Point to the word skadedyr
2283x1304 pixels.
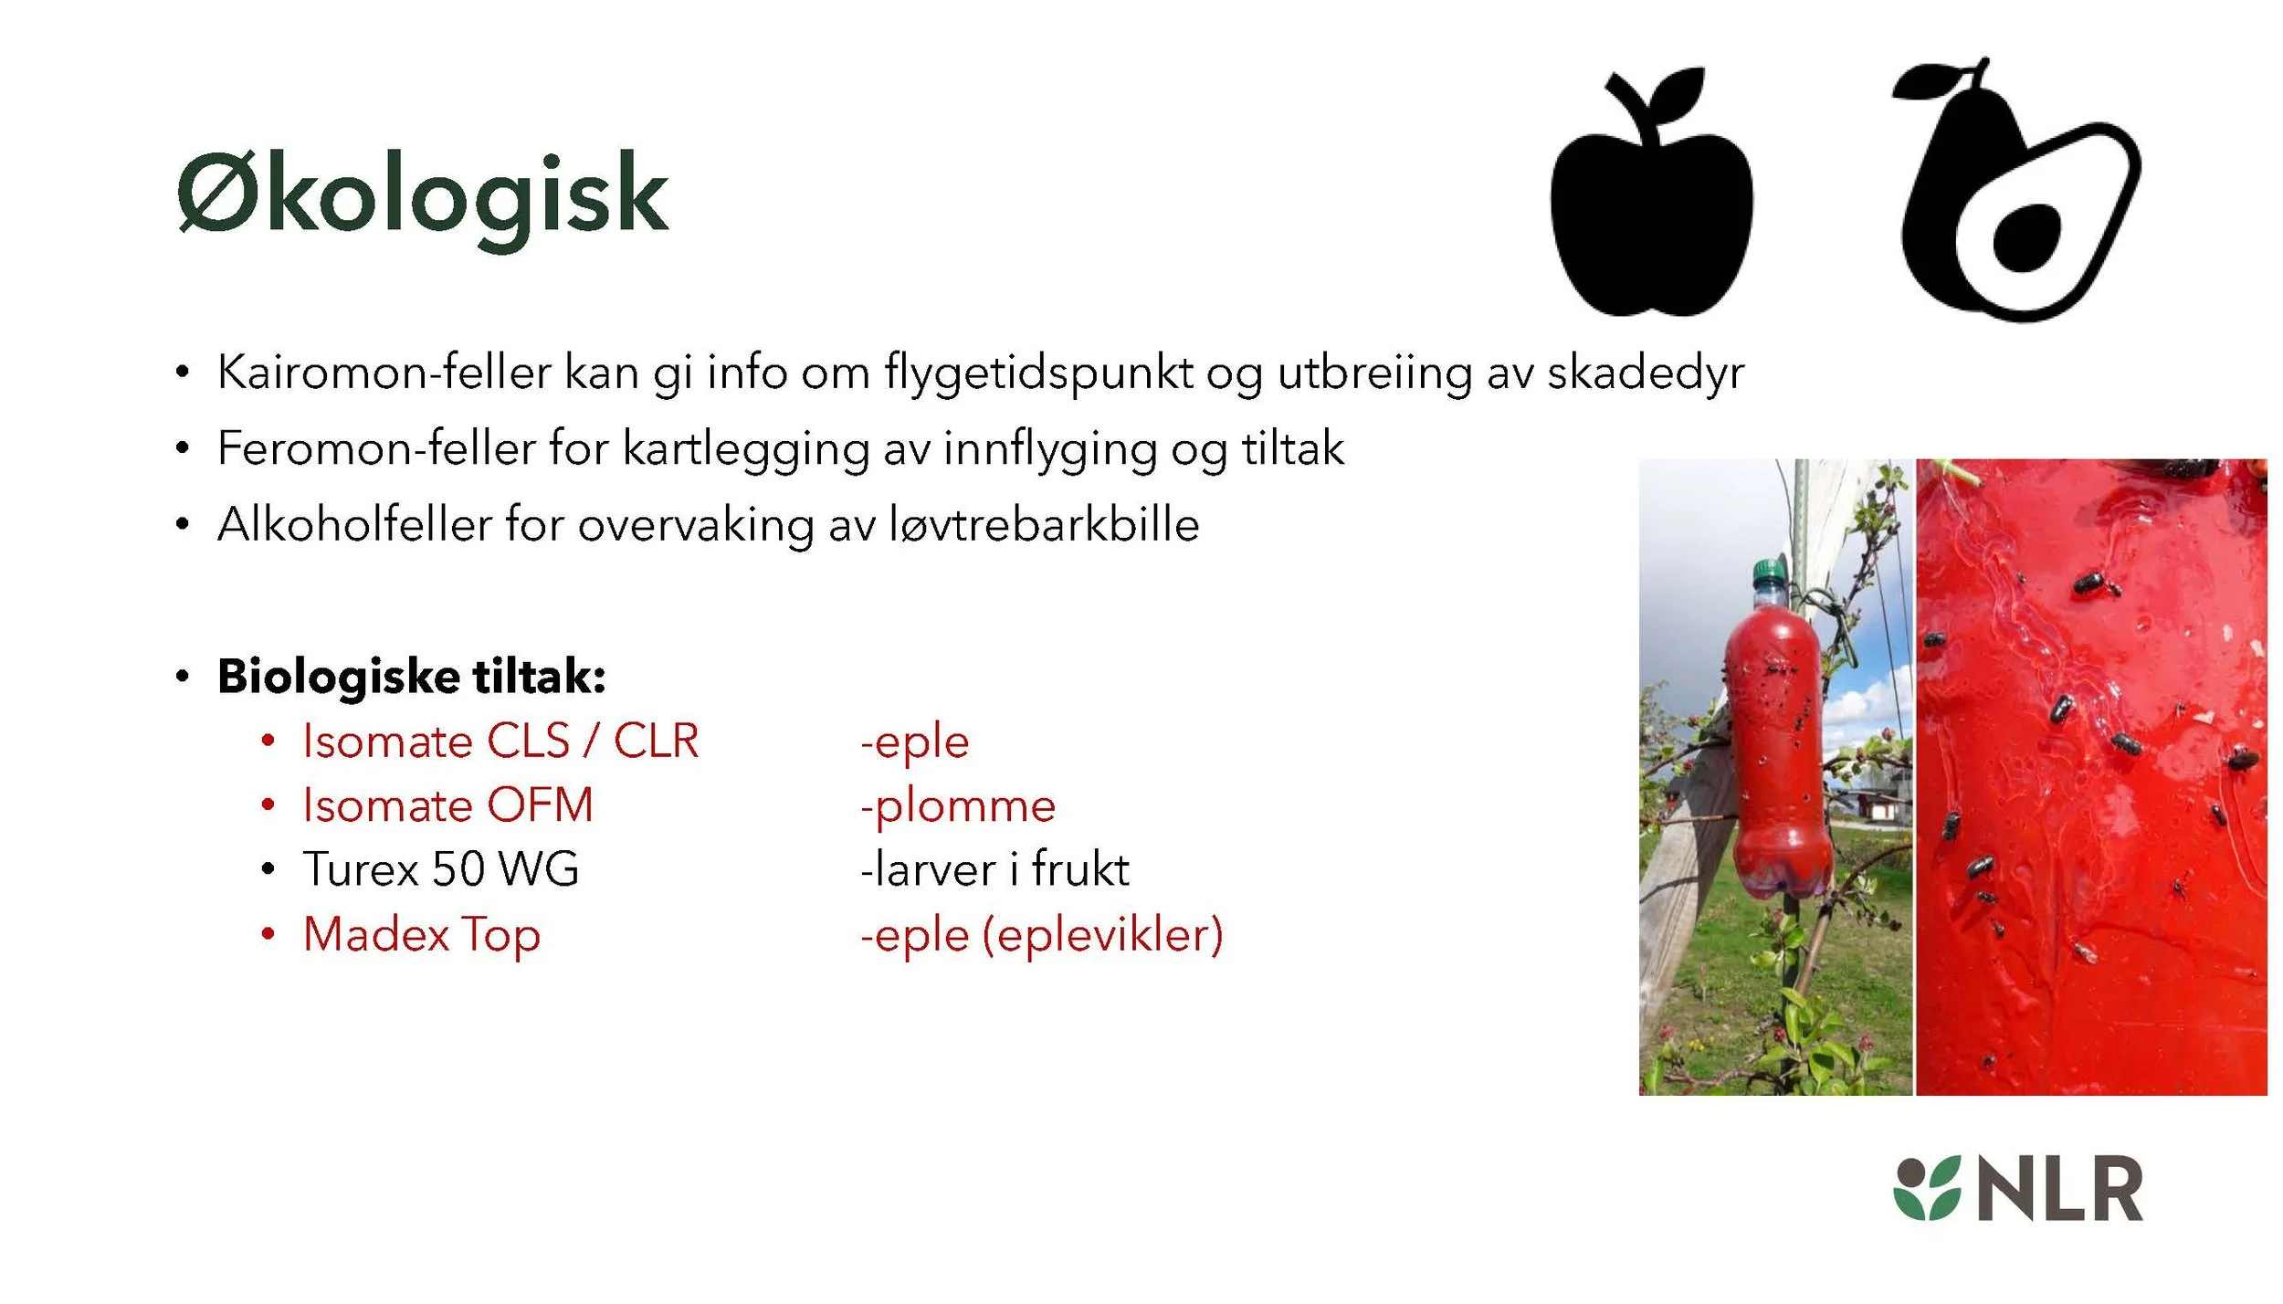click(1645, 373)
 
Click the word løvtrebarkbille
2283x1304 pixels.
click(1044, 525)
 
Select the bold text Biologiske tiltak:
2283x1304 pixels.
click(411, 677)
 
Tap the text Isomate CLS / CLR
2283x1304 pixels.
click(500, 741)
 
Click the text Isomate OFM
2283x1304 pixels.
click(447, 805)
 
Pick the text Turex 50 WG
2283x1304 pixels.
click(441, 869)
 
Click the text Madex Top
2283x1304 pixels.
click(422, 935)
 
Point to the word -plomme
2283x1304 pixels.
click(958, 805)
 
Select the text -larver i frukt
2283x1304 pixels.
click(994, 869)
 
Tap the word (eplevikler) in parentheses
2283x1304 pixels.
click(1102, 935)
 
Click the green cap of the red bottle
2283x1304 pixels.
click(1769, 573)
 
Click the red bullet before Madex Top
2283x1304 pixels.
click(268, 934)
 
